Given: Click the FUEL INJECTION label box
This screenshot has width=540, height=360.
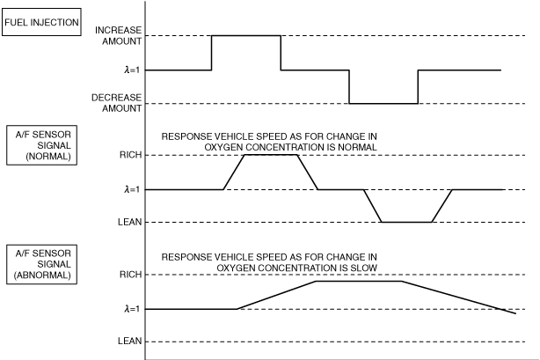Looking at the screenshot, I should point(42,22).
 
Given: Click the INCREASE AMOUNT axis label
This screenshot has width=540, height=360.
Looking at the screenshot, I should point(117,35).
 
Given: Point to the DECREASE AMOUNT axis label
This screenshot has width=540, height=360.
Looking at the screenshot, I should point(116,103).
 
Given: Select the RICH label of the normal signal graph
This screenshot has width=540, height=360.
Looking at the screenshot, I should point(128,155).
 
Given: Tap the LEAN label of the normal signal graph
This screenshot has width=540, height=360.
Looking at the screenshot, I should point(128,222).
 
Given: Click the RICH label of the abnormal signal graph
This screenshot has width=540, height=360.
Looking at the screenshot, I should point(128,275).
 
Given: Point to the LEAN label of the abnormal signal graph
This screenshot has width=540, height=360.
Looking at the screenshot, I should point(128,342).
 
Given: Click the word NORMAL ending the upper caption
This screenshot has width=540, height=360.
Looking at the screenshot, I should point(357,148).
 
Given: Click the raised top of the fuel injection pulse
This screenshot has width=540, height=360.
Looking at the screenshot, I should point(246,35).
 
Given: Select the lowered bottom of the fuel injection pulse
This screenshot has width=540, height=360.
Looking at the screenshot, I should point(383,103).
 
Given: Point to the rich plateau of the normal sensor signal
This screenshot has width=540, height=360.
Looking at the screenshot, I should point(271,155).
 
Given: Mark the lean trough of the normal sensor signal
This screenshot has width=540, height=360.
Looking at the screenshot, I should point(405,222).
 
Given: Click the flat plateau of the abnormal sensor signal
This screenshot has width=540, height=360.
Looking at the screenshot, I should point(358,281).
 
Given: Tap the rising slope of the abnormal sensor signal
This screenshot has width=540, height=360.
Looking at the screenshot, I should point(276,295).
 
